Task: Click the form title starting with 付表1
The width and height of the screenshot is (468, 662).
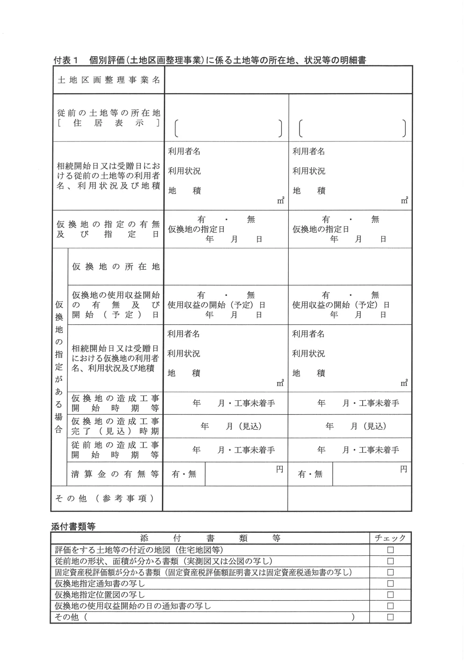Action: [210, 60]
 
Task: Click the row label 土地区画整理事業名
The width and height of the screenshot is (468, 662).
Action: [109, 80]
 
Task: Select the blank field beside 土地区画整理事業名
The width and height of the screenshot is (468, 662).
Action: [288, 80]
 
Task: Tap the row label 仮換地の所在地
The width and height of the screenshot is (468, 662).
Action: [116, 266]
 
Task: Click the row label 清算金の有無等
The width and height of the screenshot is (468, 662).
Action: [115, 474]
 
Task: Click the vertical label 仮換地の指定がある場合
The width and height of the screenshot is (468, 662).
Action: [59, 367]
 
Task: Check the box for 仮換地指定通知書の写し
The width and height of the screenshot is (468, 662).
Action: [390, 584]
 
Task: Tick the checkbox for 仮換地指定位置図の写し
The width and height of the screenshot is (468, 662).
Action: [390, 595]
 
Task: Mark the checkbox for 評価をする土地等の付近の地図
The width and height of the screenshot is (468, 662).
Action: [390, 550]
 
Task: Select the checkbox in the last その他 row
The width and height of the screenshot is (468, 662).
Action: [390, 618]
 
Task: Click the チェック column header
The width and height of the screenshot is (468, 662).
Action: [390, 538]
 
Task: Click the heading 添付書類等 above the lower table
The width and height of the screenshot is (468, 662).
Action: [73, 526]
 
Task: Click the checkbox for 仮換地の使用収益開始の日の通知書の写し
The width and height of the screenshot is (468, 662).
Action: [390, 606]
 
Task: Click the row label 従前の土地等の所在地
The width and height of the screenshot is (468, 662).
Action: [109, 118]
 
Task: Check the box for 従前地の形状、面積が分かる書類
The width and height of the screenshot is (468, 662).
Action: [390, 561]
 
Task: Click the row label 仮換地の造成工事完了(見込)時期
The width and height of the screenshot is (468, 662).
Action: [115, 426]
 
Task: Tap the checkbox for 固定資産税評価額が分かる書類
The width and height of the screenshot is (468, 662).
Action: [390, 573]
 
